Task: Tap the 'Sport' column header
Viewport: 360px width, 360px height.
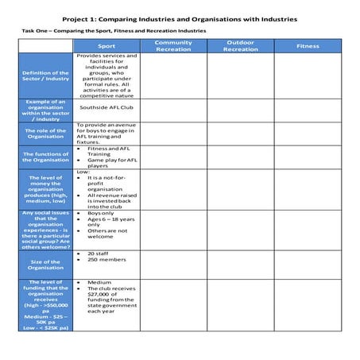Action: [106, 46]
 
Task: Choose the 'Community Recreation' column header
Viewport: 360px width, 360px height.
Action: [173, 45]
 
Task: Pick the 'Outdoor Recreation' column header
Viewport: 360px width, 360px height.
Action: [240, 45]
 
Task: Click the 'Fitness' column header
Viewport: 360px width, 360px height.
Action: [308, 46]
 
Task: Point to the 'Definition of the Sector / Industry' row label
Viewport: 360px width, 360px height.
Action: [46, 76]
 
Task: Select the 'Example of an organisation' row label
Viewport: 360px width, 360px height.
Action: [46, 110]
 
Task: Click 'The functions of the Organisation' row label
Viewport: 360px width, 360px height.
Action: [46, 156]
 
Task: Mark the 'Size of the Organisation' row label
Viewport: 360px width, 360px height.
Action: [46, 263]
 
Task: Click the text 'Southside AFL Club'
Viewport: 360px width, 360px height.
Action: [106, 106]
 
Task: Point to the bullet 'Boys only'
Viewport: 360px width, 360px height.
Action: [100, 213]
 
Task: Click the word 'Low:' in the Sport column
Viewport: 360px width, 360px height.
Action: [83, 172]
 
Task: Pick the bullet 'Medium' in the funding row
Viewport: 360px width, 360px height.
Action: [99, 281]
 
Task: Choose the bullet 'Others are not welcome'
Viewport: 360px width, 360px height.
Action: [106, 231]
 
